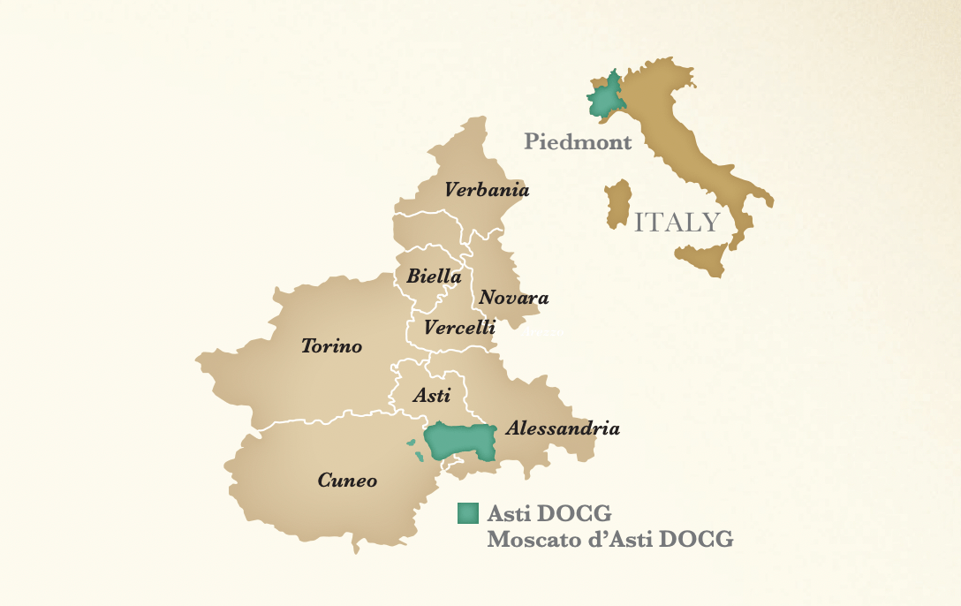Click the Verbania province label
point(487,190)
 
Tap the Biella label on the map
point(434,276)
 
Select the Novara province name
point(513,298)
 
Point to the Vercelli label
point(459,328)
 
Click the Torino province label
point(331,346)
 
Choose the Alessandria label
point(562,429)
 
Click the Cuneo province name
point(347,481)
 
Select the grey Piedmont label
point(578,141)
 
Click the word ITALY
point(677,222)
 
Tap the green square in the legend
point(468,513)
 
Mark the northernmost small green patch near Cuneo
point(410,443)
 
